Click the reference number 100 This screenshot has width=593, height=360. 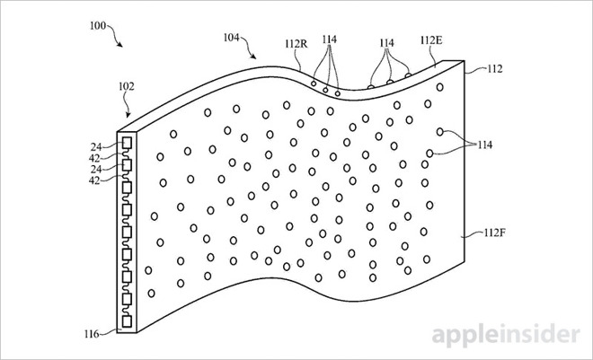click(x=98, y=26)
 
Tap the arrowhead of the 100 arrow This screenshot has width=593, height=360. click(x=119, y=45)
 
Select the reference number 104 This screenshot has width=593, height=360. click(x=232, y=38)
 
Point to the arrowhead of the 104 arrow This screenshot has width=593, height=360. click(x=253, y=57)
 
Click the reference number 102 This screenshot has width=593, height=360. click(x=127, y=86)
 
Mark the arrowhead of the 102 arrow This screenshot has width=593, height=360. click(x=128, y=114)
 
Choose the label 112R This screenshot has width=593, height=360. click(x=296, y=44)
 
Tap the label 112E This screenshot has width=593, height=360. click(x=431, y=40)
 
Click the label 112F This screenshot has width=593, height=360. click(x=495, y=233)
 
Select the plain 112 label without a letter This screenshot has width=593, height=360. click(x=495, y=69)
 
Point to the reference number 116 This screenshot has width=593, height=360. click(x=92, y=334)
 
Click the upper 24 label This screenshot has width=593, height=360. click(x=96, y=146)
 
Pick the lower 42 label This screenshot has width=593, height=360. click(x=94, y=180)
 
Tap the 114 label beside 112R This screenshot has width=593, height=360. click(x=330, y=40)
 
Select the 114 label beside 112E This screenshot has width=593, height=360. click(x=386, y=43)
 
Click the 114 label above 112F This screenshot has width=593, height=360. click(x=485, y=145)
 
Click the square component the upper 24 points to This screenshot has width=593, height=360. click(x=127, y=143)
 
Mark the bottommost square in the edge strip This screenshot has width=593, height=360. click(x=127, y=321)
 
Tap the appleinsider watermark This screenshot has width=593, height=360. click(x=506, y=334)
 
